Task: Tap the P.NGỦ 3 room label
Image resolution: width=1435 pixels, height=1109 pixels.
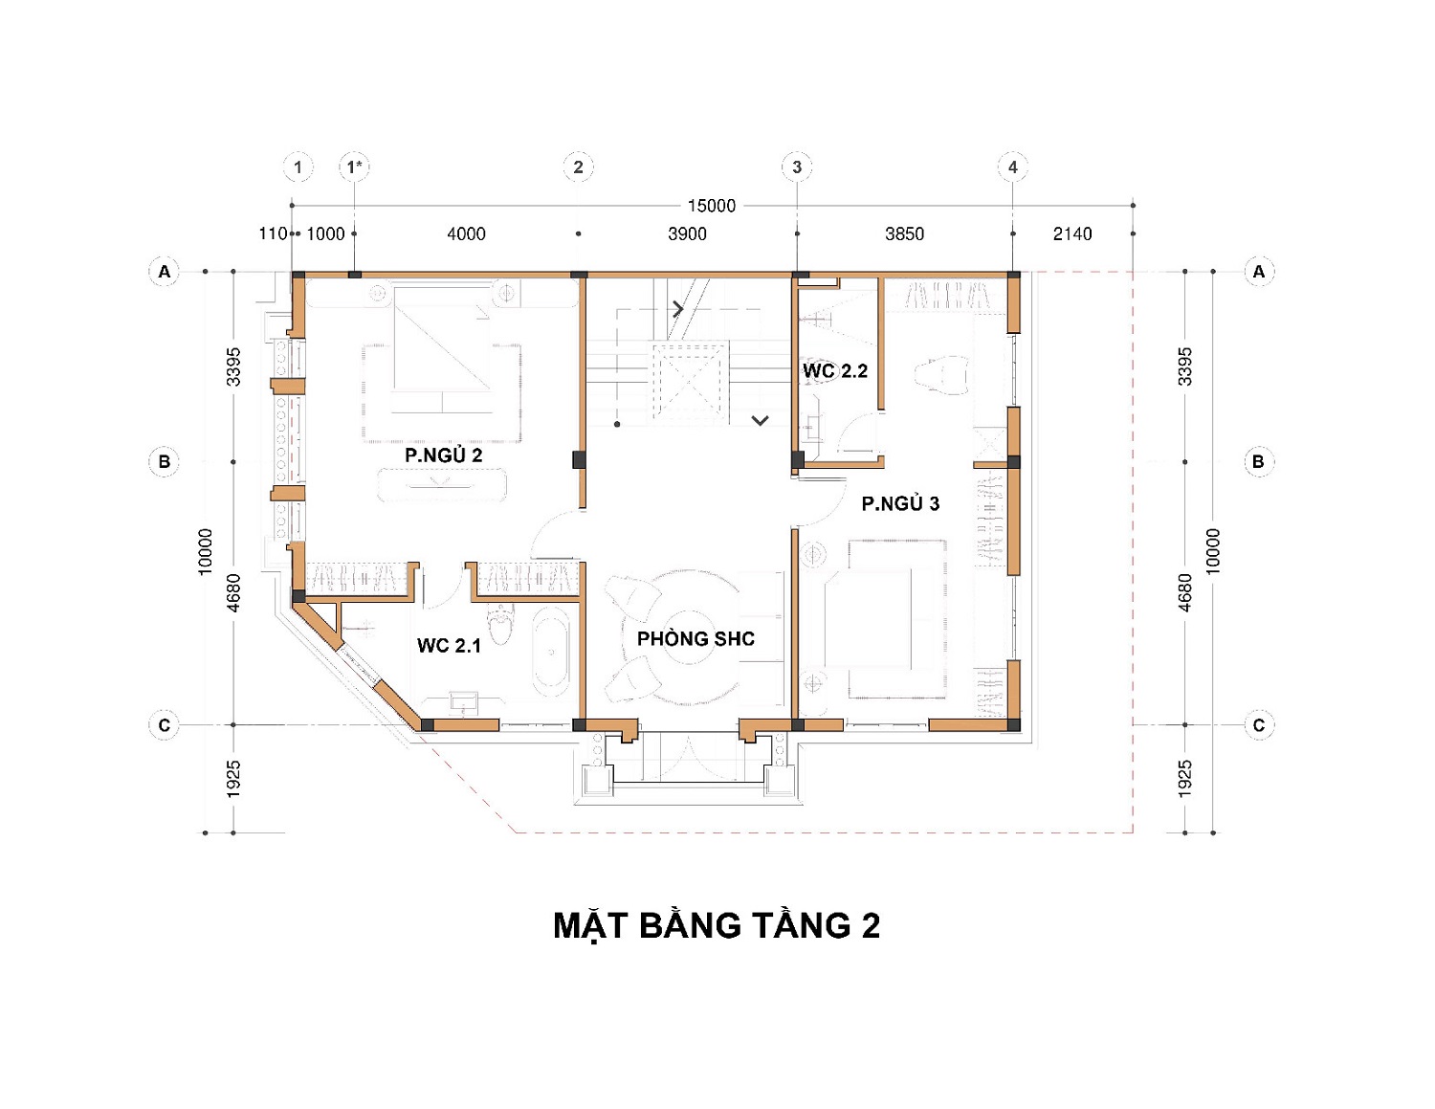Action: (x=900, y=503)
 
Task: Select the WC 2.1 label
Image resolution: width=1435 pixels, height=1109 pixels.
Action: (x=449, y=645)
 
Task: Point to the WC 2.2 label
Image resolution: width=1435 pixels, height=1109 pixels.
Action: (x=835, y=370)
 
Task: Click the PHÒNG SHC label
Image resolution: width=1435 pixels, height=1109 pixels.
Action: (x=695, y=638)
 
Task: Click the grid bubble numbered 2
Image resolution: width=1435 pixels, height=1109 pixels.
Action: (x=578, y=167)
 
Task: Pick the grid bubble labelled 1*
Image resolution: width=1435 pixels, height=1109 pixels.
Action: (x=355, y=167)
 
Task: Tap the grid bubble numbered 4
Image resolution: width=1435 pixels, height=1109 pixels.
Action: (x=1013, y=167)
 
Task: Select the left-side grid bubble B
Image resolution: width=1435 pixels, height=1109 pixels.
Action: (x=164, y=461)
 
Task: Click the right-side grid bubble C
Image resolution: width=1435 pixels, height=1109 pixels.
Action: (x=1259, y=724)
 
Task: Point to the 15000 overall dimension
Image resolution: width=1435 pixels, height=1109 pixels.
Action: (x=711, y=206)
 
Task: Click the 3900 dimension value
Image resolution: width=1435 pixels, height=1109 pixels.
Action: (x=687, y=233)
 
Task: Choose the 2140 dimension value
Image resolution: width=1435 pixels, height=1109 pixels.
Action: (x=1072, y=233)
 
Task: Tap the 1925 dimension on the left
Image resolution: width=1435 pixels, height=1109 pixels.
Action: (x=233, y=779)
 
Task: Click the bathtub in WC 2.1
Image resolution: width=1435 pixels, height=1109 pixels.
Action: (x=551, y=652)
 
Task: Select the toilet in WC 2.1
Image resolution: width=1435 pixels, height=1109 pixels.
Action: (x=501, y=623)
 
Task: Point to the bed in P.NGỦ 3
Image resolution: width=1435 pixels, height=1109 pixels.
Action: (x=878, y=619)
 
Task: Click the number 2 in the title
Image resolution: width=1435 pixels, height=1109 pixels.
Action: (x=871, y=926)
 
